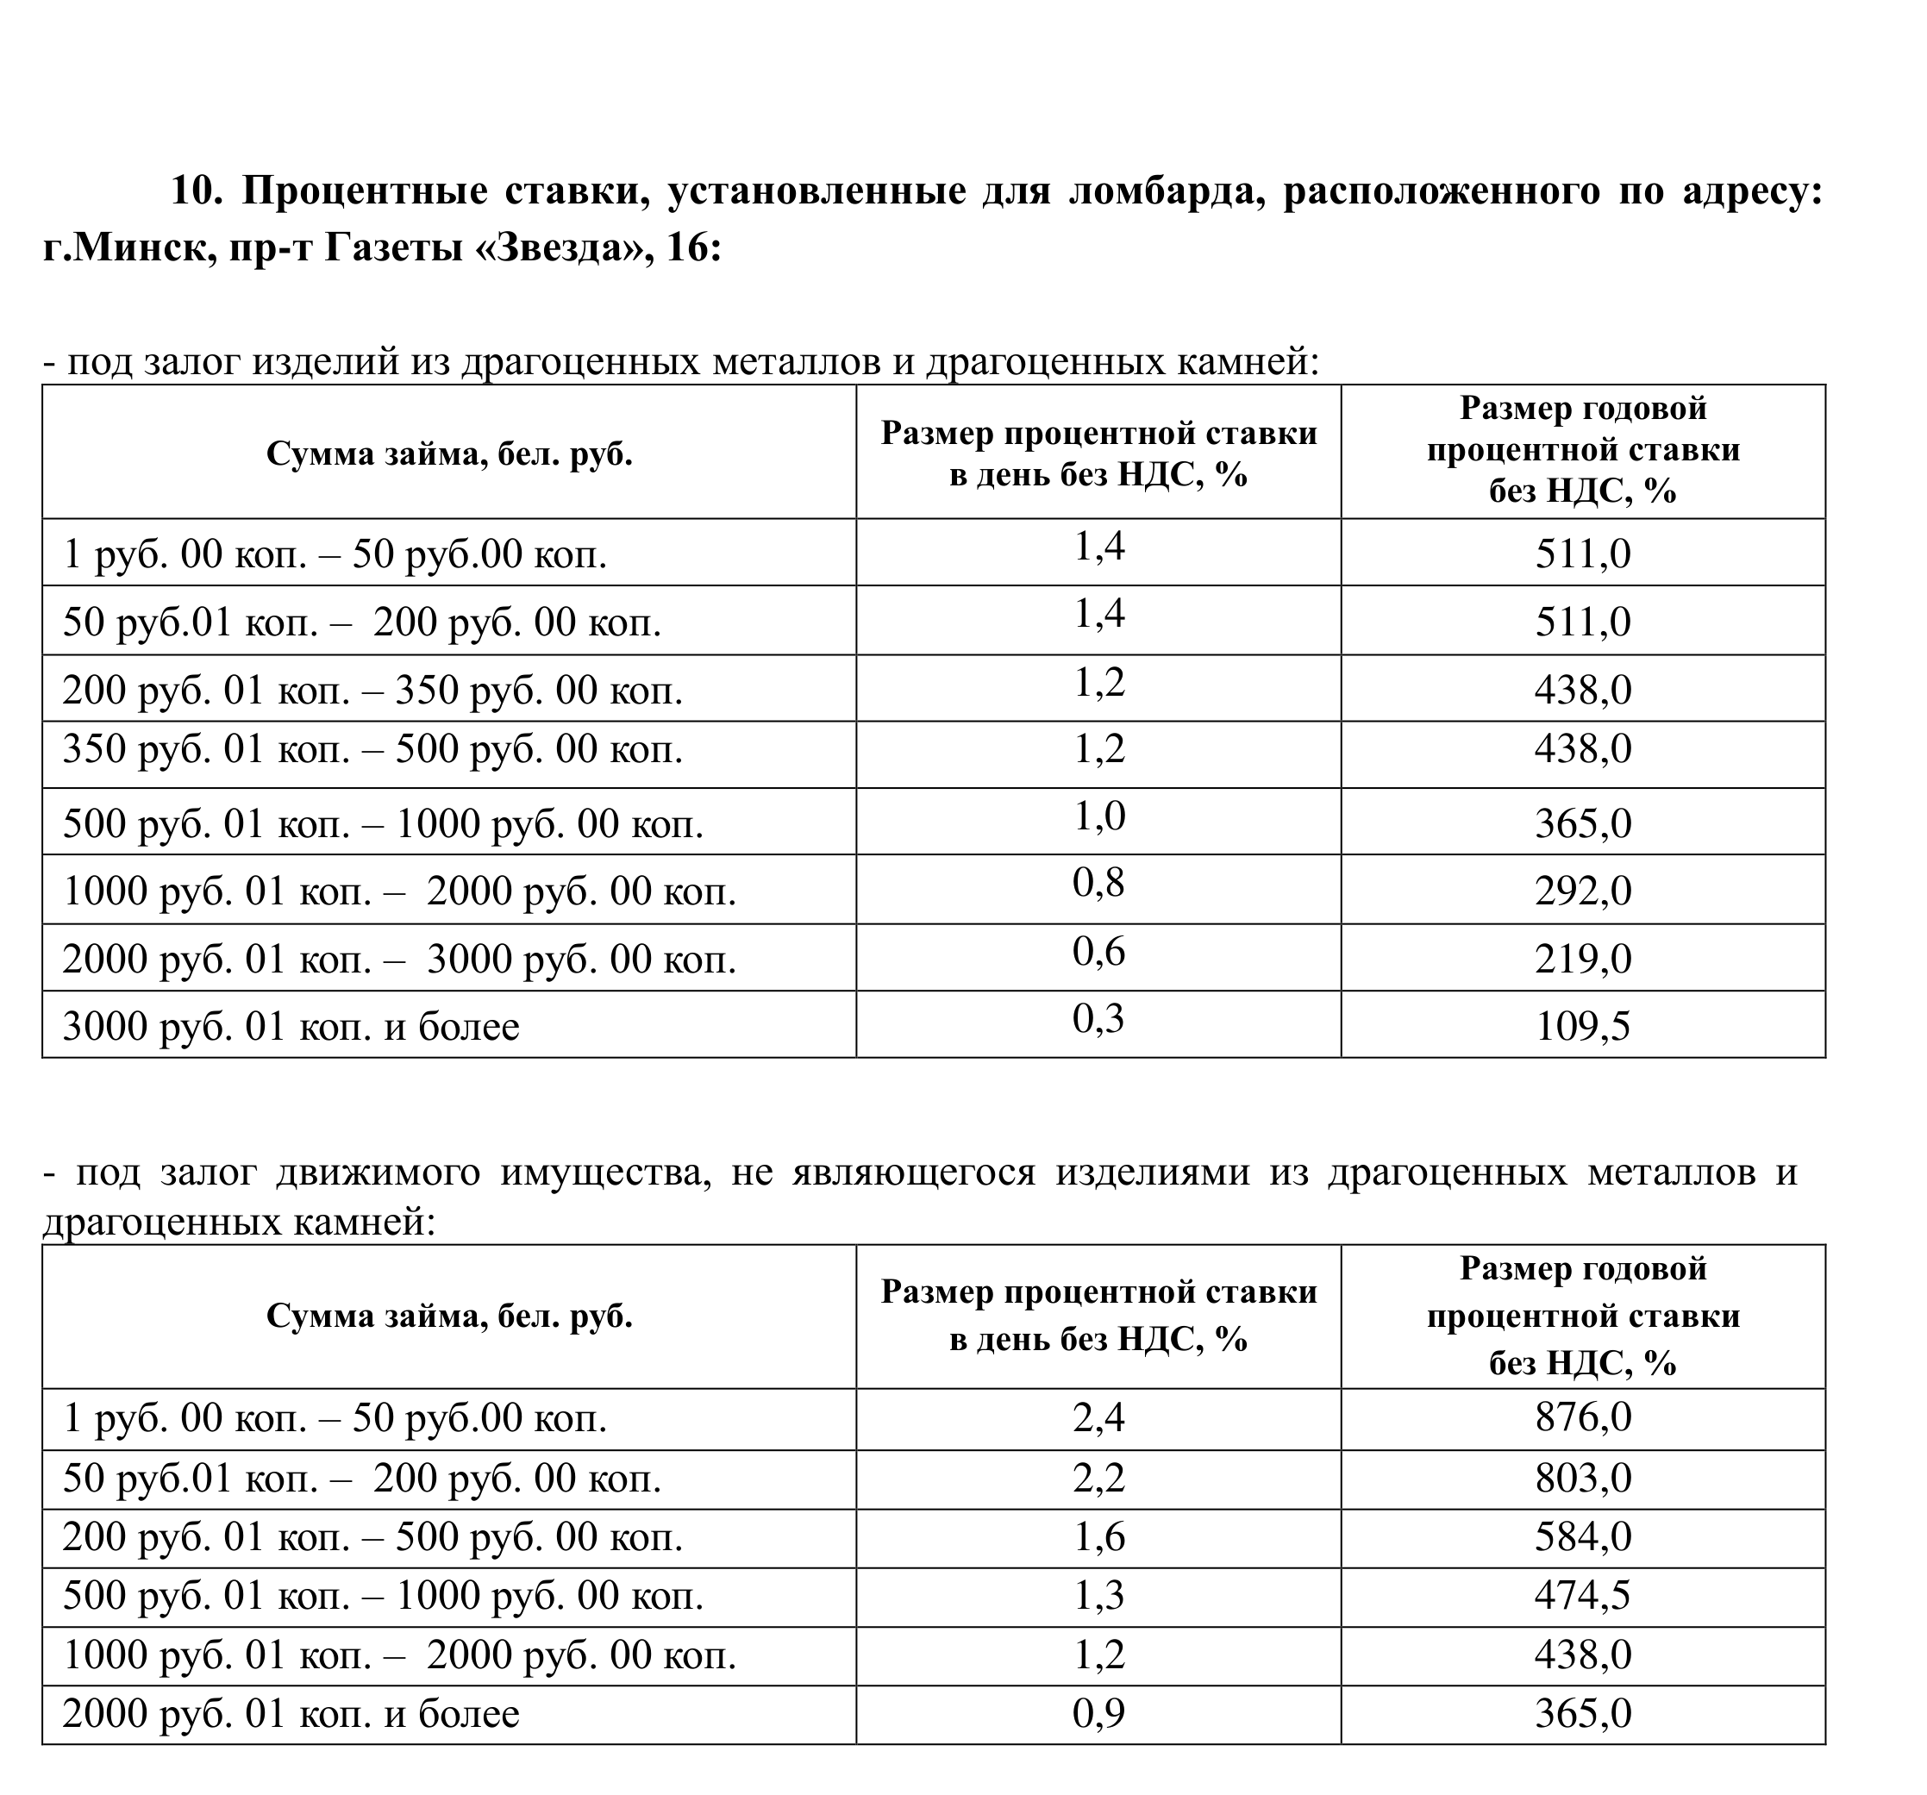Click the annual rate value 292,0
tap(1583, 890)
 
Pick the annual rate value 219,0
tap(1583, 958)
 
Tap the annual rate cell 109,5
tap(1583, 1025)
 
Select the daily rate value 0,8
tap(1098, 883)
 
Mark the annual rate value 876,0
tap(1583, 1417)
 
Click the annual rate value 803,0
tap(1583, 1478)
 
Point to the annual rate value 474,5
tap(1583, 1595)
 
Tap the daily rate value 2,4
tap(1098, 1418)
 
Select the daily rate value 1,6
tap(1098, 1537)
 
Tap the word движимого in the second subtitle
tap(378, 1172)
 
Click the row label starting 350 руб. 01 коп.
tap(372, 749)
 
